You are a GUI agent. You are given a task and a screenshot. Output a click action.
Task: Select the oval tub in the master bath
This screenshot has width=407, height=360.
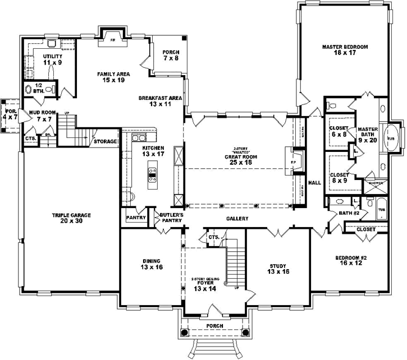[x=391, y=137]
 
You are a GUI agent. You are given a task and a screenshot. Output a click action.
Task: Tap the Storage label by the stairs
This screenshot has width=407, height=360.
[x=105, y=141]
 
